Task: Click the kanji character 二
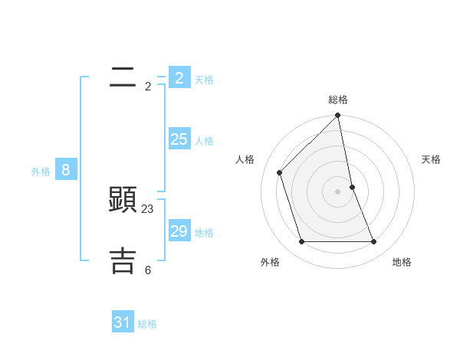(x=123, y=77)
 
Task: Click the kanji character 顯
(x=123, y=200)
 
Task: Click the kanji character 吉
(x=123, y=260)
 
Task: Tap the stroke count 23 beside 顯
(x=148, y=208)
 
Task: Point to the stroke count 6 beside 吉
(x=148, y=270)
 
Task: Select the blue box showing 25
(x=179, y=139)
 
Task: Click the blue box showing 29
(x=179, y=231)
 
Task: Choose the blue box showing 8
(x=66, y=170)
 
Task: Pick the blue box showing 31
(x=123, y=322)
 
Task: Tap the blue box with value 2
(x=179, y=78)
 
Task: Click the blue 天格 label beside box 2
(x=204, y=79)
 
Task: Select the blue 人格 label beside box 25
(x=204, y=141)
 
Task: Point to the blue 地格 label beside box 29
(x=204, y=233)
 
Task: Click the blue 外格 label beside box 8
(x=41, y=172)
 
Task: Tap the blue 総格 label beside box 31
(x=147, y=324)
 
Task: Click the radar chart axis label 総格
(x=338, y=100)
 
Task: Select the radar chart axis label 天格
(x=432, y=159)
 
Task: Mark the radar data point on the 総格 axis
(x=338, y=116)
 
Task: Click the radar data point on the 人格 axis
(x=280, y=172)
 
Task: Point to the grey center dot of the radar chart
(x=338, y=191)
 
